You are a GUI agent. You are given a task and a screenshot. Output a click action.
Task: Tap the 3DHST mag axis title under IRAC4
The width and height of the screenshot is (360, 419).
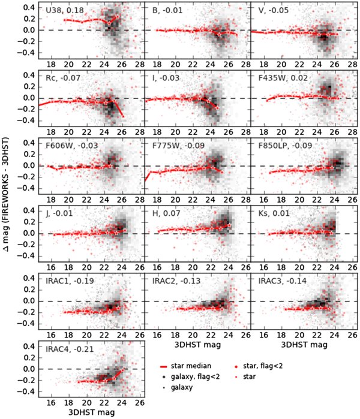(88, 412)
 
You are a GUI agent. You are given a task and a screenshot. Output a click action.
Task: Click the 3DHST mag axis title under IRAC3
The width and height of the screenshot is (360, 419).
(303, 345)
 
